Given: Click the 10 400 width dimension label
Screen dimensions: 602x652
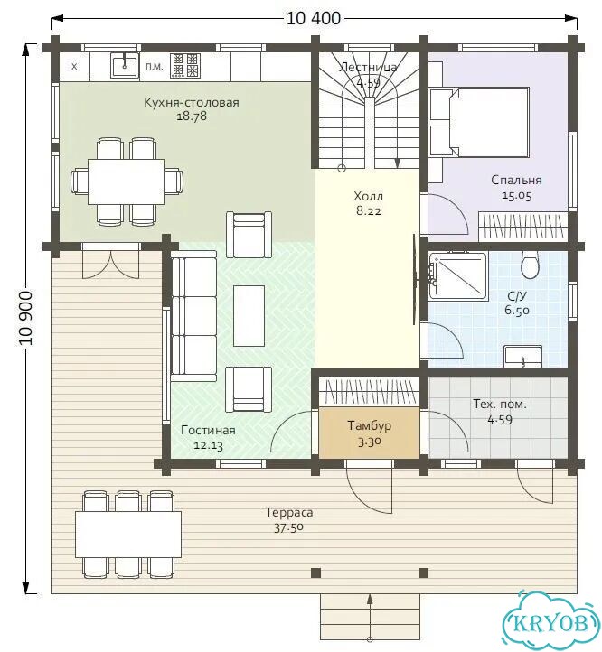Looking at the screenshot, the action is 314,18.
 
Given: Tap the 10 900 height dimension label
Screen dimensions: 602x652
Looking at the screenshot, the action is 26,318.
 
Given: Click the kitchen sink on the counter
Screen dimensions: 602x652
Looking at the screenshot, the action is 125,65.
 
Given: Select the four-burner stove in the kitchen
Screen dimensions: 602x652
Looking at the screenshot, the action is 184,66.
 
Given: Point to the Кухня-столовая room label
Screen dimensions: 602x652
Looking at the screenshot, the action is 192,102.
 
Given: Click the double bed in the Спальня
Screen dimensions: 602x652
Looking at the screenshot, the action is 479,122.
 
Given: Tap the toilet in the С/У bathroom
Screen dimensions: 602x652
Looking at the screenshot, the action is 530,265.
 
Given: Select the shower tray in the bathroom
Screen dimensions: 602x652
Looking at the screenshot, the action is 458,275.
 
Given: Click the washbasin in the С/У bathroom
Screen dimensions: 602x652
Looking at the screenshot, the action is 522,357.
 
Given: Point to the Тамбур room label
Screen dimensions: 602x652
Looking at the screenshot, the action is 370,425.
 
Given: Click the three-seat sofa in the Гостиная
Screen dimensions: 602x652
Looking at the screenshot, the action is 193,316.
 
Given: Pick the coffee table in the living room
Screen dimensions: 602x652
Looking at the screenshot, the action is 249,316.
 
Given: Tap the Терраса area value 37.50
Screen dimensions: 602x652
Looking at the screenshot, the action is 288,528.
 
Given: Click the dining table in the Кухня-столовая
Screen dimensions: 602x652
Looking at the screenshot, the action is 126,182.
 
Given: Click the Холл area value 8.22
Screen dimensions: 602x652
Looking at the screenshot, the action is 369,210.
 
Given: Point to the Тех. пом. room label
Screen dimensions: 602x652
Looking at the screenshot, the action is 500,404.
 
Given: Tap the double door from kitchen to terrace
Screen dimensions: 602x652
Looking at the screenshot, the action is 111,261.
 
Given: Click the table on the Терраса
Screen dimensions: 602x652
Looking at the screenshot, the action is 128,535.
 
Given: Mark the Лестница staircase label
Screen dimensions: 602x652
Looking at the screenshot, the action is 368,68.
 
